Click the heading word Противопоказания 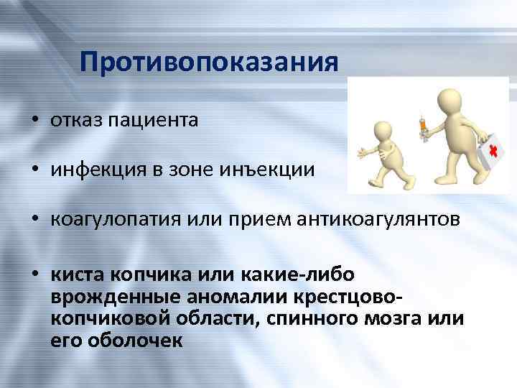(209, 62)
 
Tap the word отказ (77, 119)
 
